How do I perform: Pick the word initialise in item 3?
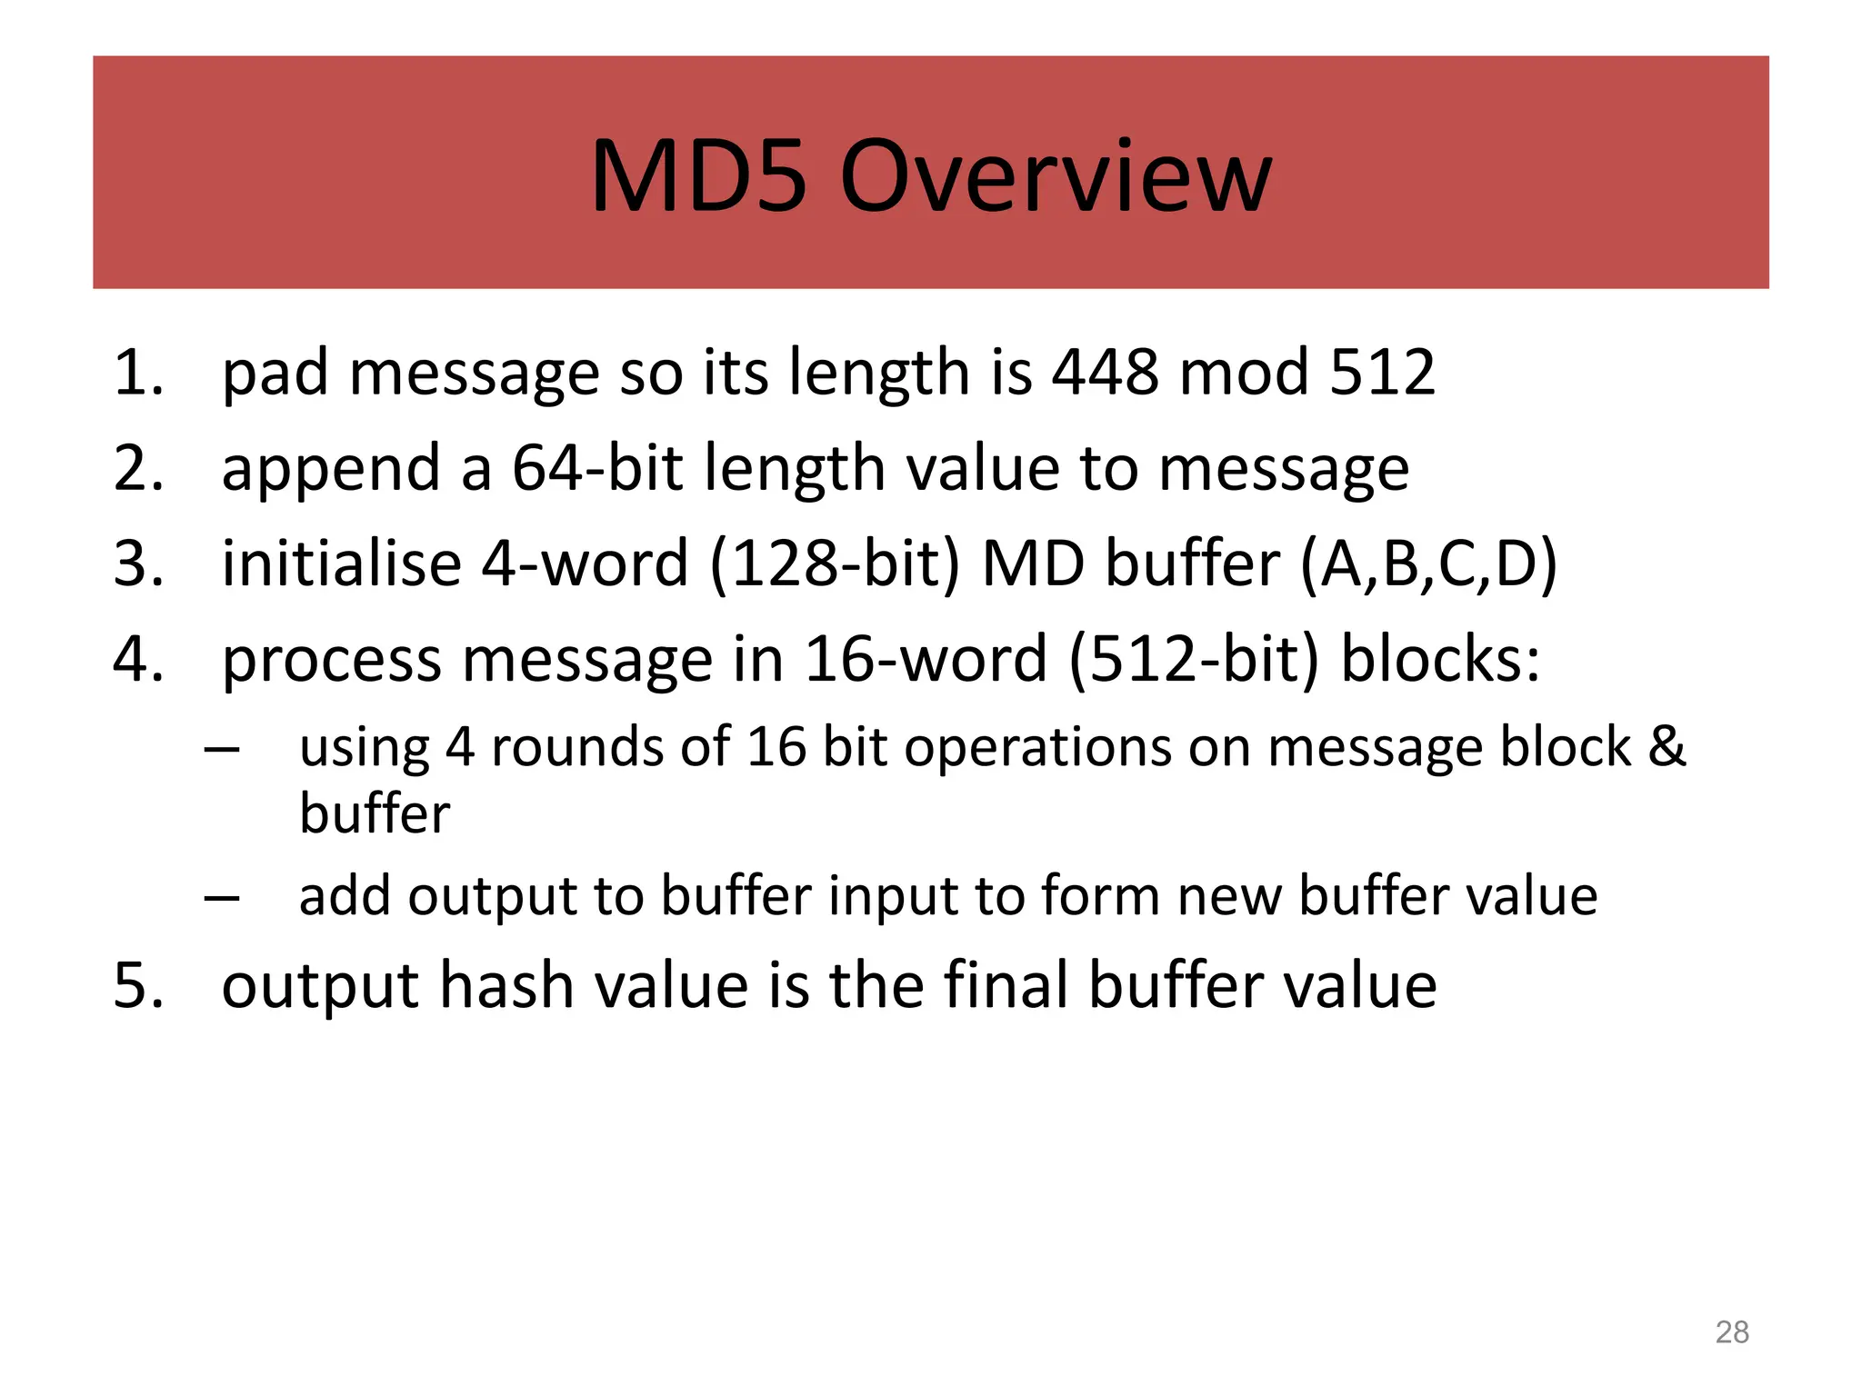tap(341, 563)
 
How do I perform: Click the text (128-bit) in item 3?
tap(834, 565)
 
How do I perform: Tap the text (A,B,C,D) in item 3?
tap(1428, 565)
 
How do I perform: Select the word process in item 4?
tap(331, 661)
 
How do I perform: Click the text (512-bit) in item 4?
tap(1193, 661)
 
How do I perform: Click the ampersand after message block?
tap(1667, 747)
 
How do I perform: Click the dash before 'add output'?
tap(222, 898)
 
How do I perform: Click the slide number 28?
tap(1731, 1332)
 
